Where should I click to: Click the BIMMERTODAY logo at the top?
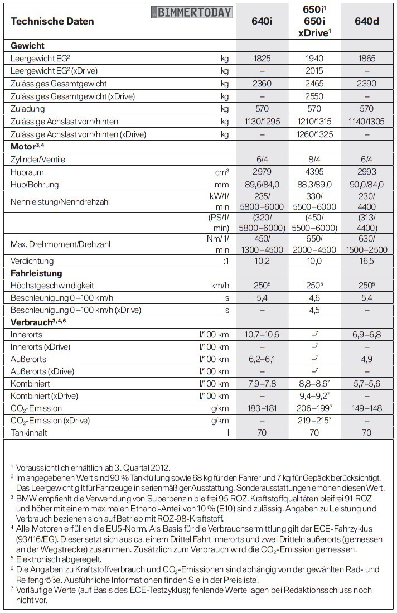192,12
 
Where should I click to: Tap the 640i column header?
263,21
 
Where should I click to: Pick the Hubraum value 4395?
314,172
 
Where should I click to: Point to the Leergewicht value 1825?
263,58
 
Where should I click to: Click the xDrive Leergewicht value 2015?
314,71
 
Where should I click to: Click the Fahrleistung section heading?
36,273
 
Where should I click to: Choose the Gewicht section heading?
27,46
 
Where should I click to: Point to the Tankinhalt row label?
31,433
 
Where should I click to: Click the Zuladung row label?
28,109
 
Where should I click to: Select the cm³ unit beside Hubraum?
222,172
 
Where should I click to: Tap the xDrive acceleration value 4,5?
314,310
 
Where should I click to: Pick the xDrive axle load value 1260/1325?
314,134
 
